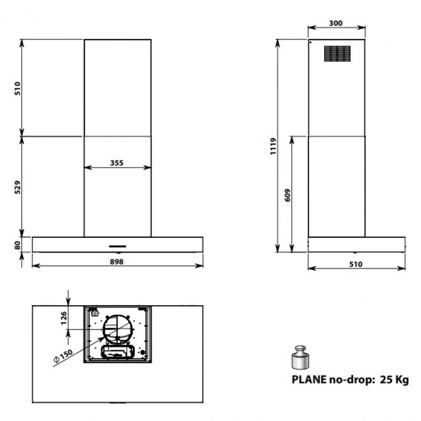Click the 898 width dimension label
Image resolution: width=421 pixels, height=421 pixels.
click(x=117, y=261)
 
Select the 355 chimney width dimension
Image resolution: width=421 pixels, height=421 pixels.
click(x=117, y=163)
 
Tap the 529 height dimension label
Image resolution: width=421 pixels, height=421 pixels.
click(x=17, y=187)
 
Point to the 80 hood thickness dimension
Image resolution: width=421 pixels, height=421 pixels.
click(x=17, y=245)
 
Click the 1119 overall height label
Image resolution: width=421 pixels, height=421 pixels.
click(x=273, y=146)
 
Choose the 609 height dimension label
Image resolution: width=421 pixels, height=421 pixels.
click(x=287, y=195)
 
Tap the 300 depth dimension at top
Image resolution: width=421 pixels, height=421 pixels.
click(x=336, y=23)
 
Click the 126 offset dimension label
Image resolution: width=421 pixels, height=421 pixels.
click(x=64, y=318)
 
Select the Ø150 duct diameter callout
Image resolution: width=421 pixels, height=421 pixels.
click(x=63, y=356)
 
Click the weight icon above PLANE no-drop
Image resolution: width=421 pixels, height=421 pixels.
click(x=300, y=357)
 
